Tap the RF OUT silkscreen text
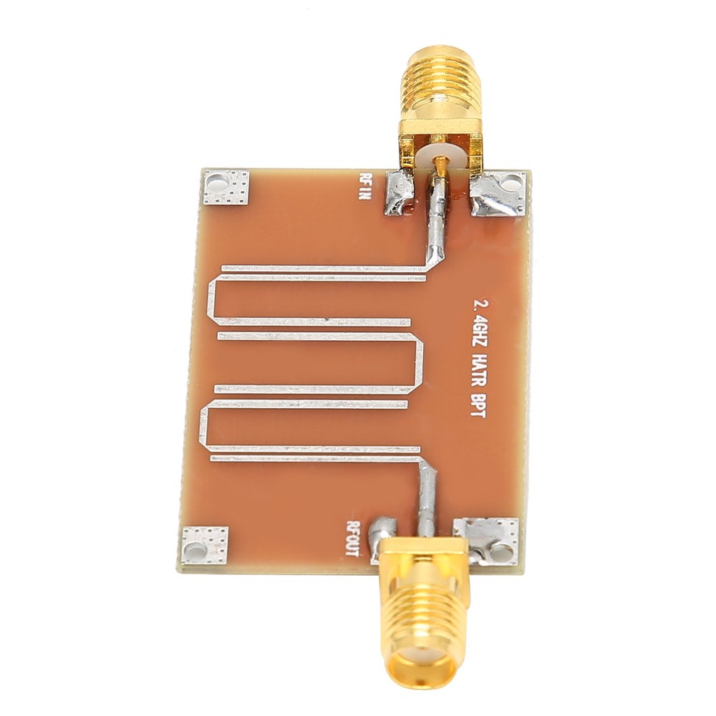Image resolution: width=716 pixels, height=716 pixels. [x=354, y=537]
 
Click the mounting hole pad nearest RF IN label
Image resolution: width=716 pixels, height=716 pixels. [x=225, y=188]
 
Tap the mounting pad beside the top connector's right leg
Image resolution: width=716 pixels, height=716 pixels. [x=499, y=193]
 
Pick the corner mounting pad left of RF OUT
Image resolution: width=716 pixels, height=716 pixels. [x=205, y=546]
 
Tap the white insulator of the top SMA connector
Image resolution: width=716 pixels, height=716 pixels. [x=442, y=153]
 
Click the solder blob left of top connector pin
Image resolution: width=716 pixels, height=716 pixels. [x=399, y=193]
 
